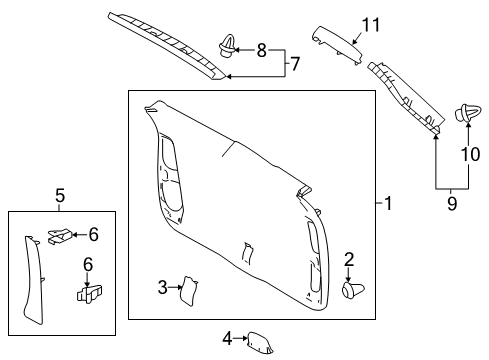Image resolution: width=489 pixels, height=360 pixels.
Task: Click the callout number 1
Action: click(x=390, y=203)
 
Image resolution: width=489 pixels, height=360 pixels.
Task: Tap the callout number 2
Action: click(x=349, y=260)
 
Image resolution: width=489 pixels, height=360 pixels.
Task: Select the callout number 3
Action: click(x=162, y=288)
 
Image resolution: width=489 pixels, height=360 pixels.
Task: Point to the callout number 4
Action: click(x=227, y=339)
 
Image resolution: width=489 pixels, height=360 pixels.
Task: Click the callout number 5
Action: click(x=59, y=197)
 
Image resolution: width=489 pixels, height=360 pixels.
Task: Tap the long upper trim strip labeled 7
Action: click(x=170, y=37)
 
